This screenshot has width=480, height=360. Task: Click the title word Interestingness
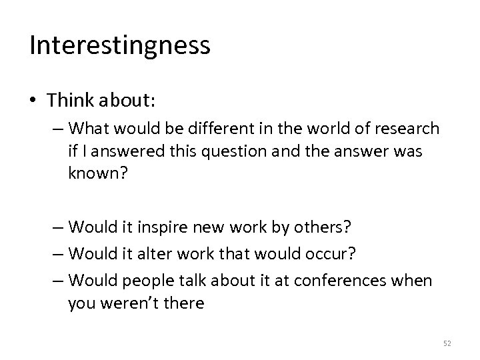[120, 45]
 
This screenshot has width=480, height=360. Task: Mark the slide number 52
[446, 343]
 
